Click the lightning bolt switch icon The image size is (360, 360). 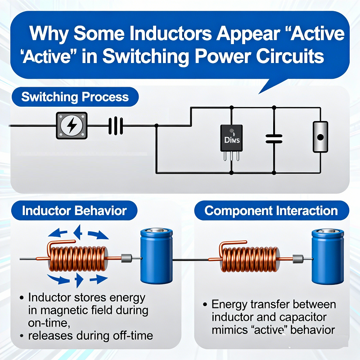click(x=72, y=126)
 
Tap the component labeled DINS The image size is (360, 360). click(x=232, y=139)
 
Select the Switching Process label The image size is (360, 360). click(x=75, y=97)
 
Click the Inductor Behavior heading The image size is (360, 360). click(x=75, y=211)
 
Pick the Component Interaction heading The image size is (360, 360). click(x=271, y=211)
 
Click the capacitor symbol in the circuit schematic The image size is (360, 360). click(x=274, y=139)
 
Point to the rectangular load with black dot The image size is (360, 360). click(x=320, y=137)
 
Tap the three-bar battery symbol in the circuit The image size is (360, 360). click(x=116, y=126)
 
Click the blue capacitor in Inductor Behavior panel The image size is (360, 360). click(x=156, y=255)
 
